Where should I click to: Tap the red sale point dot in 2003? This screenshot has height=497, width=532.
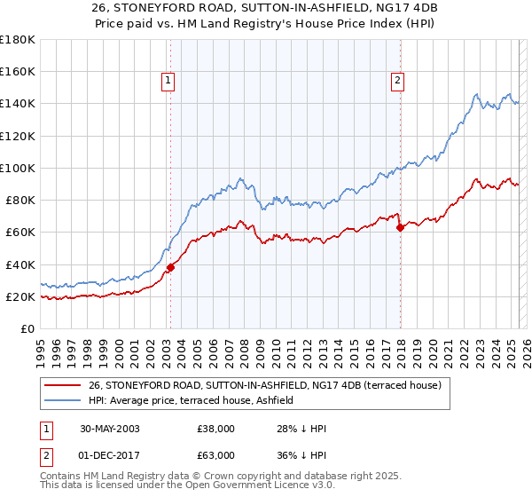pyautogui.click(x=170, y=267)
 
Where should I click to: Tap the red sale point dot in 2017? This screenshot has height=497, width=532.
pyautogui.click(x=400, y=227)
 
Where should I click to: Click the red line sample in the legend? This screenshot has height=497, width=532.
pyautogui.click(x=62, y=385)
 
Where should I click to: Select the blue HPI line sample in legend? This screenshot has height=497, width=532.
pyautogui.click(x=62, y=400)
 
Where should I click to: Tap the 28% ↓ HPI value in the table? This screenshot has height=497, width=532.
pyautogui.click(x=301, y=429)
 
